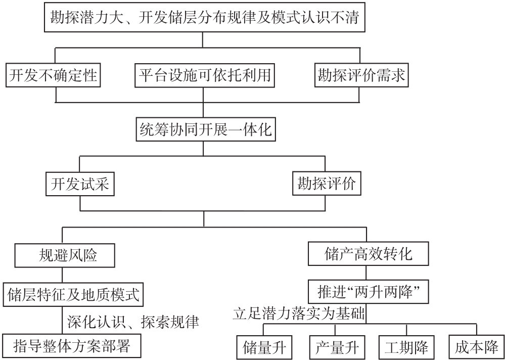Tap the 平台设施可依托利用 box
(x=205, y=76)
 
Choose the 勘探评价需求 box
(x=361, y=76)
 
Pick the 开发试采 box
(x=79, y=185)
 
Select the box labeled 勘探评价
(x=327, y=185)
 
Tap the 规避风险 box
(x=62, y=255)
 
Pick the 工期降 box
(x=406, y=347)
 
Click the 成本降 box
(x=475, y=347)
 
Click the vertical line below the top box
(x=203, y=39)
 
